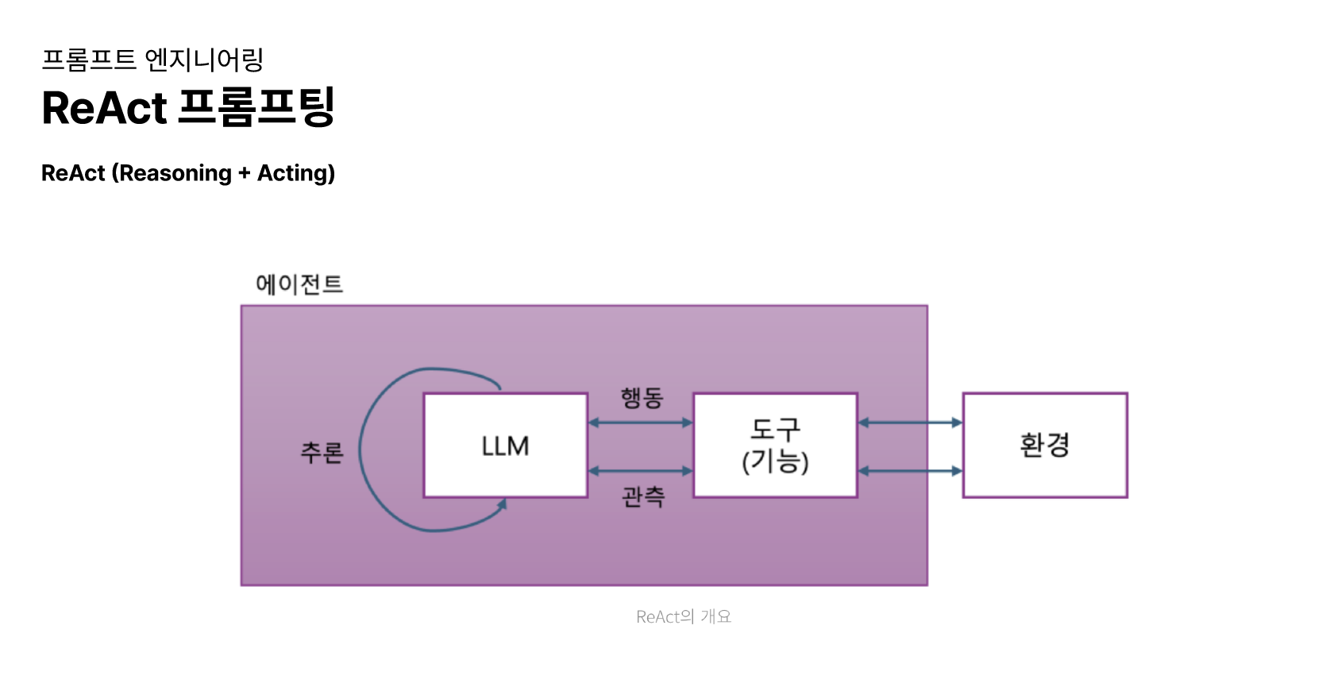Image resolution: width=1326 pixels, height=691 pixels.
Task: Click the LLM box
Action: pos(505,446)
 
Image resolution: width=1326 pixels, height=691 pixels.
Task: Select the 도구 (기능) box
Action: pos(775,446)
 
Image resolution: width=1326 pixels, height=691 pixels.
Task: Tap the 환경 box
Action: pos(1045,445)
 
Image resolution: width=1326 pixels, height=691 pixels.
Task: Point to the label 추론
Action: pos(322,452)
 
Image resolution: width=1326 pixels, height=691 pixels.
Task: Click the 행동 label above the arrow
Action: pos(642,397)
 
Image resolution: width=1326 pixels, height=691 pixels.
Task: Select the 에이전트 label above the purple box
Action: pos(299,284)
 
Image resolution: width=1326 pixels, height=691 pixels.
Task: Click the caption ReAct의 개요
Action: pos(684,616)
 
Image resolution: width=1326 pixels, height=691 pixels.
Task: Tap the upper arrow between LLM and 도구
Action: pos(640,423)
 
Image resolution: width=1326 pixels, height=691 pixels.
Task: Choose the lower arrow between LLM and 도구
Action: pos(640,471)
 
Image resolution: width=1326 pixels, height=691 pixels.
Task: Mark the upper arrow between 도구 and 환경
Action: pos(910,423)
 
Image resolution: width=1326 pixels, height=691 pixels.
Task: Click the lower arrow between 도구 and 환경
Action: pos(910,471)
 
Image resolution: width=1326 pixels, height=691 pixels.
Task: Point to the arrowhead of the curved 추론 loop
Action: pos(502,505)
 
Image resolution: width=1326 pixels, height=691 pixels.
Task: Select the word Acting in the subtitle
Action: pos(291,173)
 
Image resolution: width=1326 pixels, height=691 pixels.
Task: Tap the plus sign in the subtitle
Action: pos(244,173)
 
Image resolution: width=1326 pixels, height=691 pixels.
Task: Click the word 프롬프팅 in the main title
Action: pos(256,107)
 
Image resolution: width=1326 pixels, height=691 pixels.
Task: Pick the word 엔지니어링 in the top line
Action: pos(204,60)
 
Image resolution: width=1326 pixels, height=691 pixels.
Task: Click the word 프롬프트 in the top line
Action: pos(89,60)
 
